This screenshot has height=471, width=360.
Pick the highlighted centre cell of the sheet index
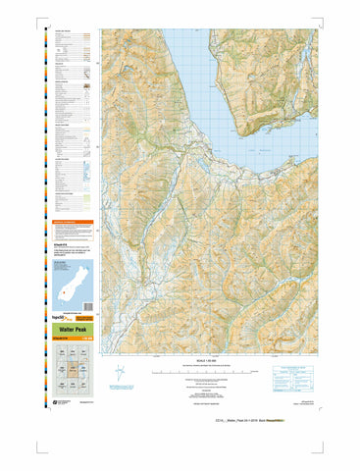click(x=75, y=370)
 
